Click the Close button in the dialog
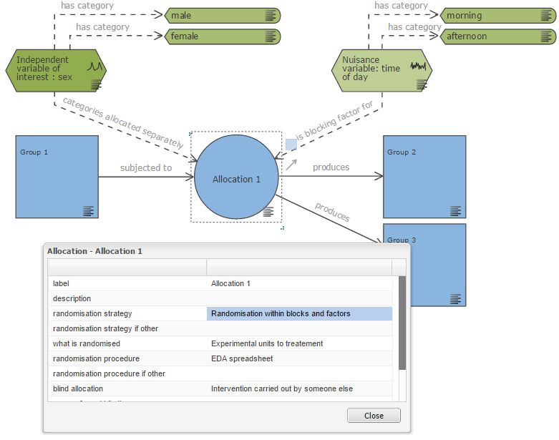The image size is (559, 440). point(374,416)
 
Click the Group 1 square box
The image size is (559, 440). point(57,177)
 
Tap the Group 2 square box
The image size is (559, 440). point(424,177)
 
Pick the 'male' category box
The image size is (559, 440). point(222,16)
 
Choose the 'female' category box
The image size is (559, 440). point(222,36)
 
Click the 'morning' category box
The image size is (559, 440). point(497,16)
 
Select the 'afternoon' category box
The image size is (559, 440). point(497,36)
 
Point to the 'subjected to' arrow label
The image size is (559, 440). point(146,168)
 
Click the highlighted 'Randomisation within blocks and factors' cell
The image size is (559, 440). point(299,313)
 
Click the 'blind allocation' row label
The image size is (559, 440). point(78,388)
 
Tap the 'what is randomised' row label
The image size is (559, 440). point(87,343)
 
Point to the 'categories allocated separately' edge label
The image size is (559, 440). point(123,122)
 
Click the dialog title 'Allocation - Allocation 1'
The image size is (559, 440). point(94,251)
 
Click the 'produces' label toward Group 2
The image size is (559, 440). point(331,167)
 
